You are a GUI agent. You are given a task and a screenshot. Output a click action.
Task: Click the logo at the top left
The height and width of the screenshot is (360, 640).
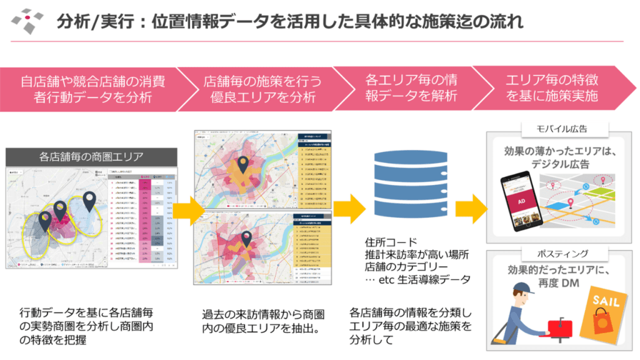(28, 21)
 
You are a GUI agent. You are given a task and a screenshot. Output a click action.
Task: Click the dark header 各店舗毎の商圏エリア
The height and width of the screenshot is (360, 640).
(92, 157)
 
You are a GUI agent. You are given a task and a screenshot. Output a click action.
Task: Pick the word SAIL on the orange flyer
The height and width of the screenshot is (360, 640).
(605, 302)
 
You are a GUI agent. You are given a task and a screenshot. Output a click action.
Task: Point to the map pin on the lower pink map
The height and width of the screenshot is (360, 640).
(247, 237)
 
